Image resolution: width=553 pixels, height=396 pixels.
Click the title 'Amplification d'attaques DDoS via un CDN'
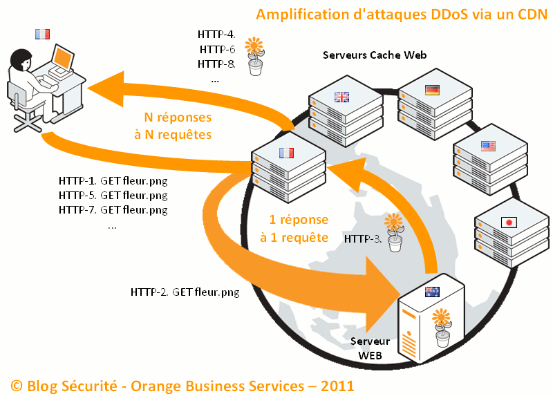399,14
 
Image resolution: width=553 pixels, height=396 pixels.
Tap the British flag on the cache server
342,97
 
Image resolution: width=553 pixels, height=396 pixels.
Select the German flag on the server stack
432,90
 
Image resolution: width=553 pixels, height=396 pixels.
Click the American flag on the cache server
488,146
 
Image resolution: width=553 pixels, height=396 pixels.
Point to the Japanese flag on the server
508,222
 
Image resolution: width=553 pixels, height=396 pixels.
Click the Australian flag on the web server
433,292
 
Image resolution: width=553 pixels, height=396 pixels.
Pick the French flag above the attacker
43,33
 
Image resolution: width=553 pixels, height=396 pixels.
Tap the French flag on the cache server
285,153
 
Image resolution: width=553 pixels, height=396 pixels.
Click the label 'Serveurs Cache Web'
375,55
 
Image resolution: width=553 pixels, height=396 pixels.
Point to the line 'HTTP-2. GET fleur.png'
185,292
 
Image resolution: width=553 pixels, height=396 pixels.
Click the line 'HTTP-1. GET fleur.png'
113,181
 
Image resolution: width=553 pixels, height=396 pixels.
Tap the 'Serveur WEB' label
370,348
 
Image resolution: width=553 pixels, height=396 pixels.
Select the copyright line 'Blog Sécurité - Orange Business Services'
182,384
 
